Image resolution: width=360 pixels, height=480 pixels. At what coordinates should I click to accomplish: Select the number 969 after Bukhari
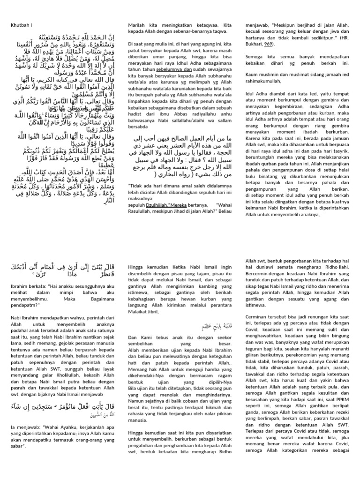(x=267, y=44)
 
